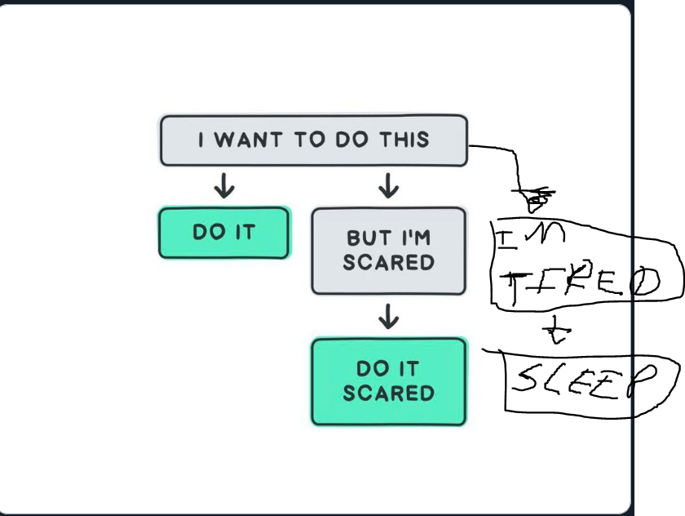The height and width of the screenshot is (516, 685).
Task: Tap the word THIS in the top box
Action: [403, 140]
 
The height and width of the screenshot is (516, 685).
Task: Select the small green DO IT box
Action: [223, 233]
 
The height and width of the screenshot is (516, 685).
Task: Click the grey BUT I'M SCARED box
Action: [388, 251]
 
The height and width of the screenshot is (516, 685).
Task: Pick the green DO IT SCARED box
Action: [388, 381]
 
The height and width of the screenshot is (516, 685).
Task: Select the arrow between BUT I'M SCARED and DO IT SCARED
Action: [389, 316]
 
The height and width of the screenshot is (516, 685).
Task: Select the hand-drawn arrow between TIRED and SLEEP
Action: [559, 331]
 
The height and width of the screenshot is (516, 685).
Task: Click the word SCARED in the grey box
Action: [388, 263]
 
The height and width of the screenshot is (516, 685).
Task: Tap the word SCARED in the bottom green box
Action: [388, 394]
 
